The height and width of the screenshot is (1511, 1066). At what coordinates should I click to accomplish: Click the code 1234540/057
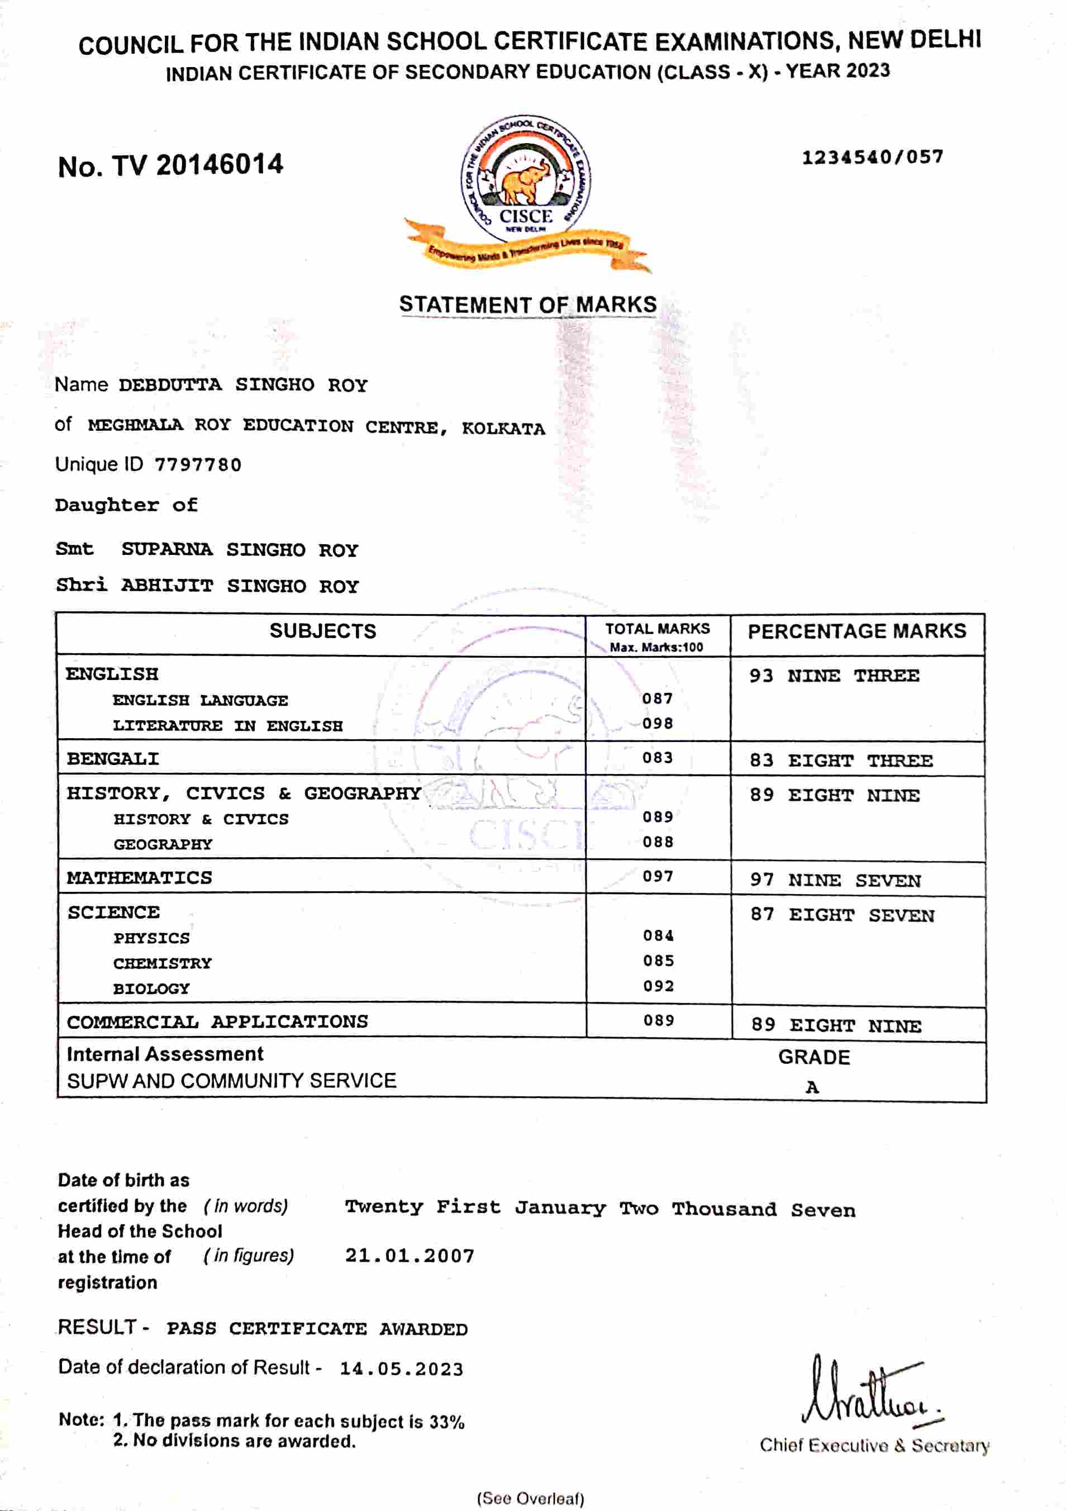tap(872, 157)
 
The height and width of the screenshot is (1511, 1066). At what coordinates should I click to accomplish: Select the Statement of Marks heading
tap(528, 305)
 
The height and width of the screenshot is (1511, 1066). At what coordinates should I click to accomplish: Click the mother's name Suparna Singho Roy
tap(240, 549)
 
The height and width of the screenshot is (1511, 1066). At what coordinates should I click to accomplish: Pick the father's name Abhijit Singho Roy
tap(240, 586)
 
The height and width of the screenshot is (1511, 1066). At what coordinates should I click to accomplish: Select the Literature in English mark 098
tap(658, 724)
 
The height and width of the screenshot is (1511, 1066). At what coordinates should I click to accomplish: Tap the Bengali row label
tap(113, 759)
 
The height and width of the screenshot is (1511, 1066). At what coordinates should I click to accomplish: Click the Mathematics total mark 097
tap(658, 877)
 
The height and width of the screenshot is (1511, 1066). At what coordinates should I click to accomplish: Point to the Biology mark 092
tap(659, 986)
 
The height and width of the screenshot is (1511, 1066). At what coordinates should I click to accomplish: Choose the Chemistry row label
tap(163, 963)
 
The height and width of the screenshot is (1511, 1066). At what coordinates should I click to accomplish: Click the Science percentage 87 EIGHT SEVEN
tap(843, 915)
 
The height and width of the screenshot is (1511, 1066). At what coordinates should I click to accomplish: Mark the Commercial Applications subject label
tap(217, 1022)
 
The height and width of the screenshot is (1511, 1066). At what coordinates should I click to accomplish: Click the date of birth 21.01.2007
tap(410, 1256)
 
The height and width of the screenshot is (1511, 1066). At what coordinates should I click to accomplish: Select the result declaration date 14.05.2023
tap(401, 1369)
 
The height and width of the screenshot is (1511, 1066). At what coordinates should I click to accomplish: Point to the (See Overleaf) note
tap(530, 1499)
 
